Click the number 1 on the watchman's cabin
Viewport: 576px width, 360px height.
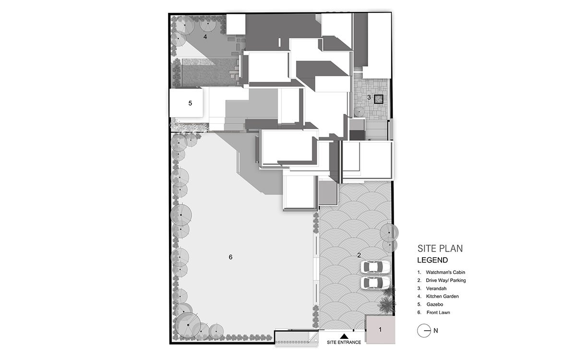click(x=380, y=329)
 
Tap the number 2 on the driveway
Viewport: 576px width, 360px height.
click(x=359, y=254)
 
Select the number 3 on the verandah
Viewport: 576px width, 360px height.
click(x=369, y=97)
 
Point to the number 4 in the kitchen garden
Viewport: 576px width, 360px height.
click(x=205, y=36)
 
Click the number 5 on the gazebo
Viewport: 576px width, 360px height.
click(x=190, y=103)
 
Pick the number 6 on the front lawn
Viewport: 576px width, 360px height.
click(x=230, y=257)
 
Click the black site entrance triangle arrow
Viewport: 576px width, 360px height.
click(x=344, y=336)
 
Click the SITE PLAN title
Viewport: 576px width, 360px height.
click(x=440, y=249)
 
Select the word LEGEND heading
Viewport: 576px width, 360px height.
click(x=432, y=261)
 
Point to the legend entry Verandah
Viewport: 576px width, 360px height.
click(x=436, y=288)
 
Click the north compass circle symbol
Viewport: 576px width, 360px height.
click(x=424, y=330)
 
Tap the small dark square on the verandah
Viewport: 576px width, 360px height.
click(x=378, y=99)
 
